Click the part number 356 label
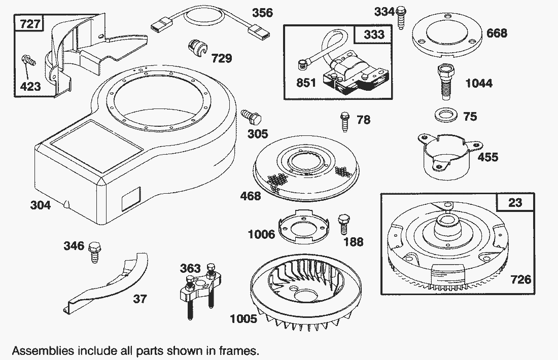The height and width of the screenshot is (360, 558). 262,13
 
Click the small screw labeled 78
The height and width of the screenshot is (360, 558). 344,121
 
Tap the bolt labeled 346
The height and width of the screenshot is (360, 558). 93,251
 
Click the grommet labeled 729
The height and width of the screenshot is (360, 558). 196,47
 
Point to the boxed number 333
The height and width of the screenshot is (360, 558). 374,34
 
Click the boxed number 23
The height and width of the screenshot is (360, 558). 514,203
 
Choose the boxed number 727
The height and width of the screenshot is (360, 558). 29,24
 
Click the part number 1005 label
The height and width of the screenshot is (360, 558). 243,319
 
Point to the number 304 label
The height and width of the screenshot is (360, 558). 41,205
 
